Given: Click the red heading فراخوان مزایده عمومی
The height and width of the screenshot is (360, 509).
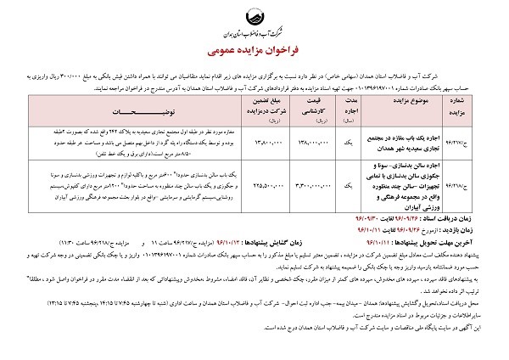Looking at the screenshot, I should click(x=255, y=49).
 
